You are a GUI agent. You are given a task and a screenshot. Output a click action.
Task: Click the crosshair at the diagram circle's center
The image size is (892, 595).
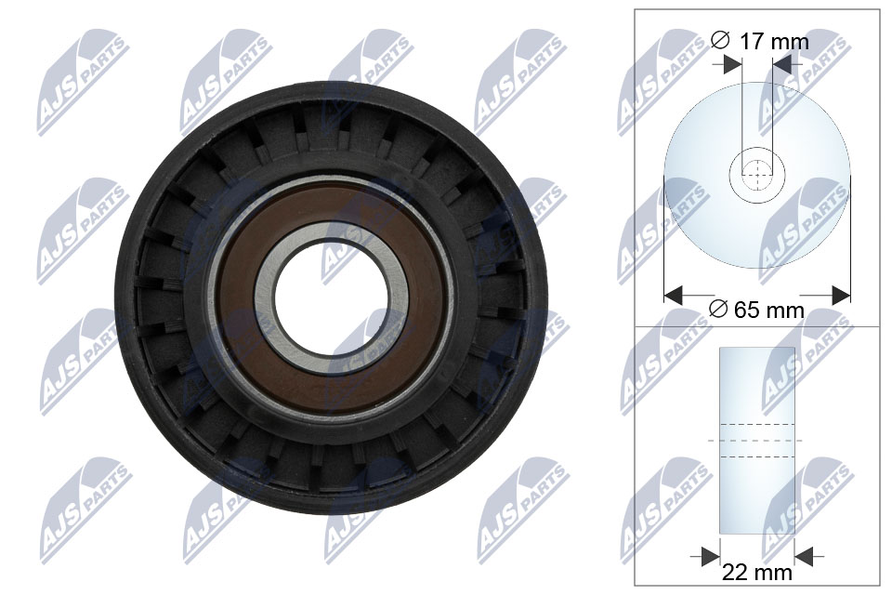(x=757, y=174)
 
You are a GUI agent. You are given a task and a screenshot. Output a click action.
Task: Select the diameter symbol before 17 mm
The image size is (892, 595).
(x=719, y=41)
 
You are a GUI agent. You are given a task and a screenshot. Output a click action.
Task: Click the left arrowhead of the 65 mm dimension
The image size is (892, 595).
(x=674, y=296)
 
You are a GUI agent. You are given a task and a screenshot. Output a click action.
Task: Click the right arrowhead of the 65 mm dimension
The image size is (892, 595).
(x=840, y=296)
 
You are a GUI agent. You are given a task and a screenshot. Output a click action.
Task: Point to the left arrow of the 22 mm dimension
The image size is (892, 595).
(x=710, y=556)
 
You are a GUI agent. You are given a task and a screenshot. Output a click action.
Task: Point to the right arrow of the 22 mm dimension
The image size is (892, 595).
(x=806, y=556)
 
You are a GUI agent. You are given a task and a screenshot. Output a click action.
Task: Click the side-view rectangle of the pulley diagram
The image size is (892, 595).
(x=757, y=390)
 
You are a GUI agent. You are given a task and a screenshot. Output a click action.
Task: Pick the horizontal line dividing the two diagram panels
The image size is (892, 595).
(x=757, y=326)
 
